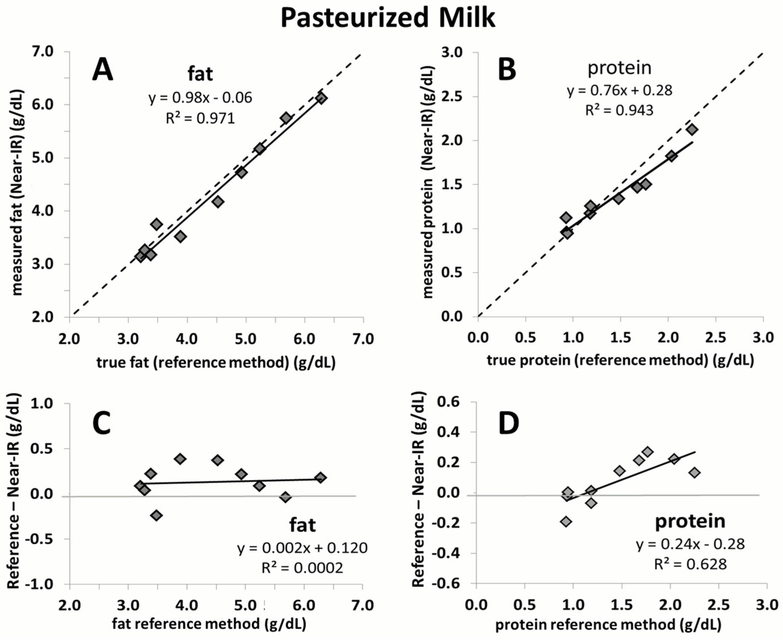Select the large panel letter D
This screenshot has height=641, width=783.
tap(509, 423)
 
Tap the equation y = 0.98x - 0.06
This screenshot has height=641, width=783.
tap(200, 98)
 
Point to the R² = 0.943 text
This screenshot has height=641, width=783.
tap(619, 110)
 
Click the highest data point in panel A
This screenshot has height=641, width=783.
tap(321, 98)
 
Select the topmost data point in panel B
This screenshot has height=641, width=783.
tap(692, 129)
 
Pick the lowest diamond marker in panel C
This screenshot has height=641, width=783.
tap(157, 515)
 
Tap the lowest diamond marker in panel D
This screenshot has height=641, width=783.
tap(566, 521)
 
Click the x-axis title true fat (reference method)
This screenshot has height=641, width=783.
tap(216, 363)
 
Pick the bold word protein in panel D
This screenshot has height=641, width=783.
tap(690, 521)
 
